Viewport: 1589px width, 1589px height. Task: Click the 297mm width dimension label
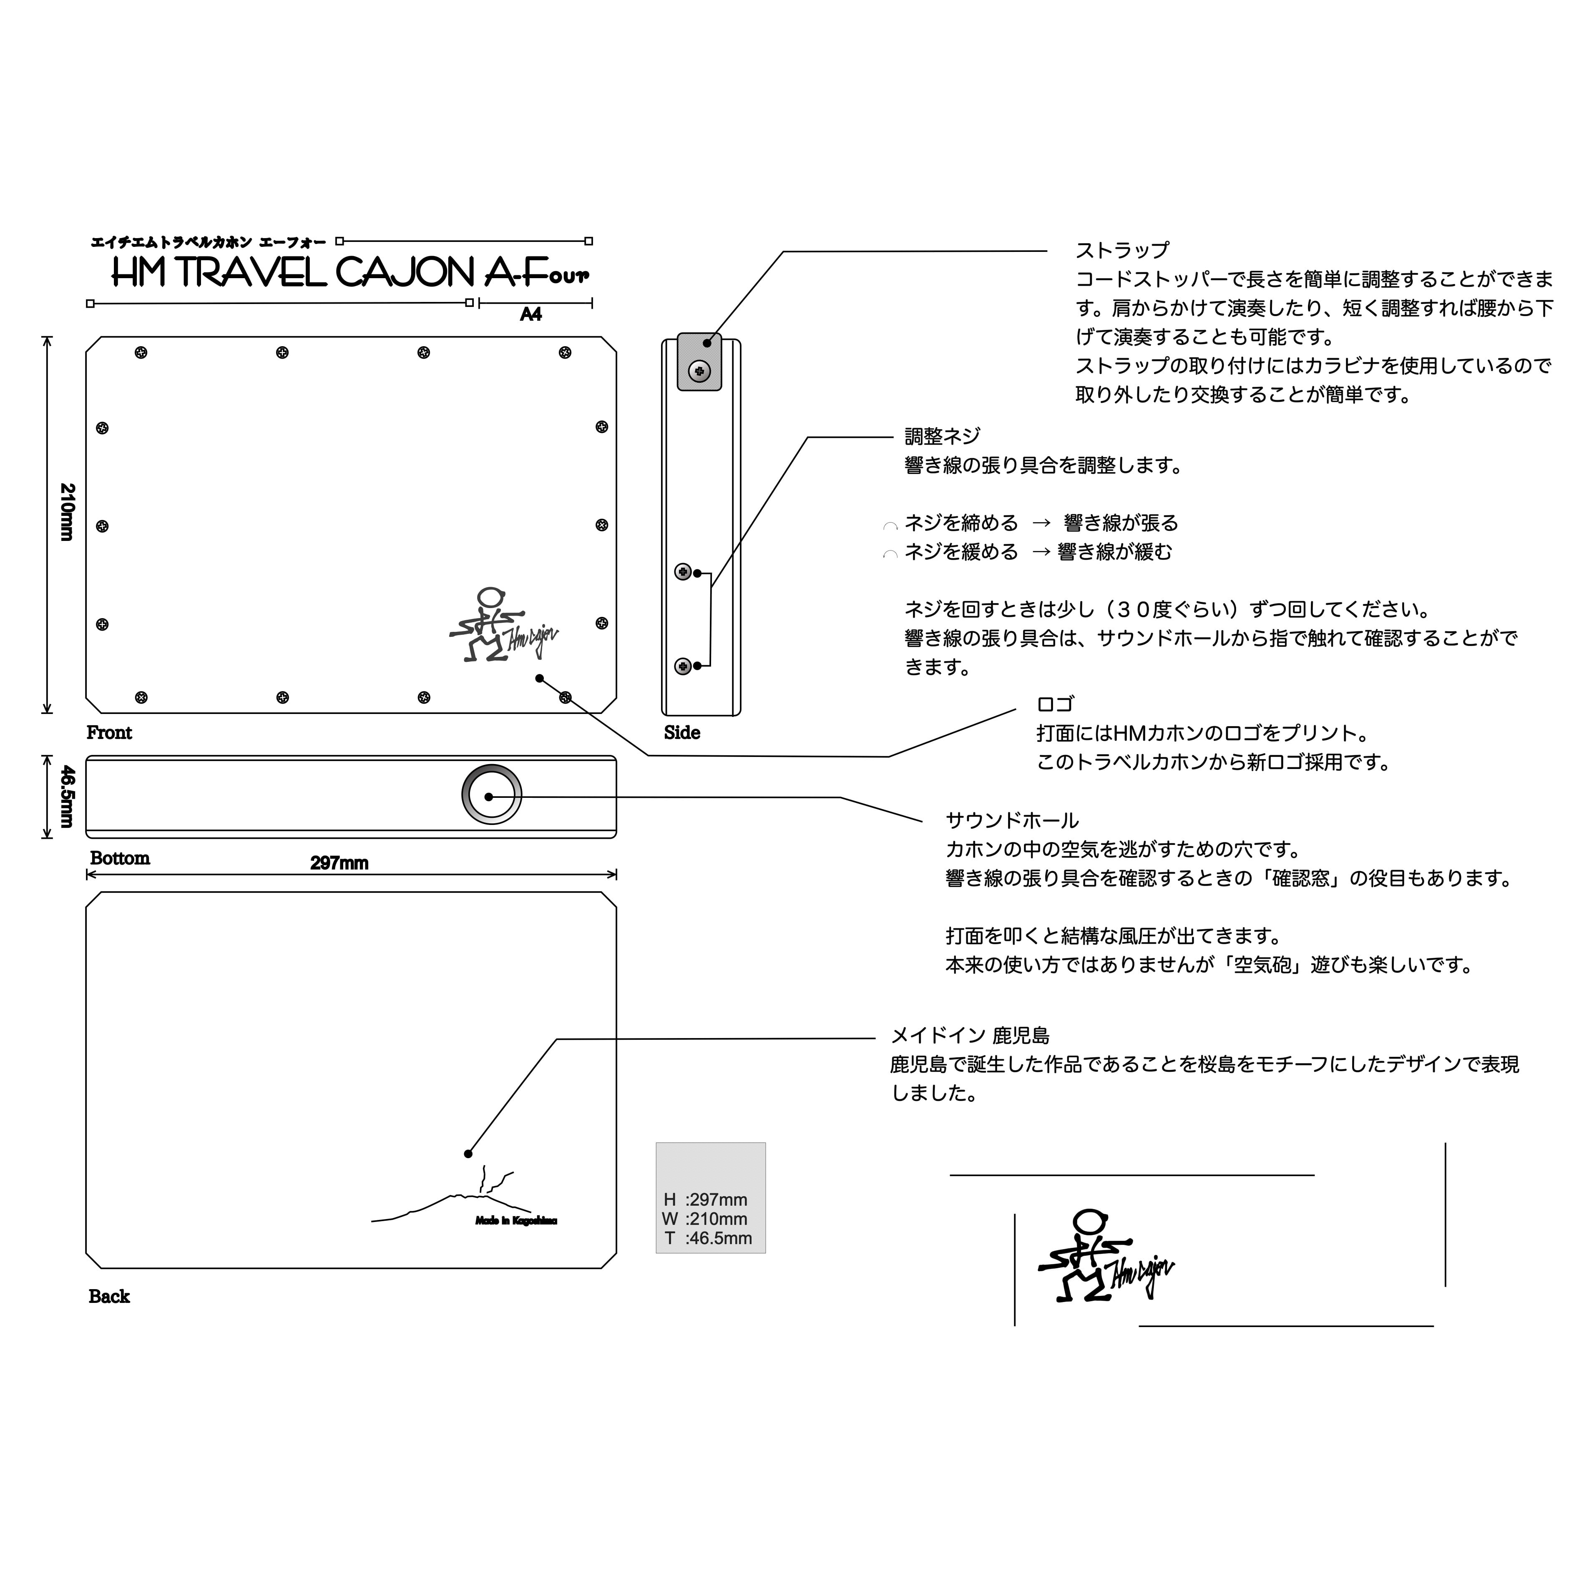[339, 863]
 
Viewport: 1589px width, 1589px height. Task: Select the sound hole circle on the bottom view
[491, 794]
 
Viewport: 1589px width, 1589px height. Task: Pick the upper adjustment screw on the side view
[683, 572]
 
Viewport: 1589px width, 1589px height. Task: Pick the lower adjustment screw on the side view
[683, 666]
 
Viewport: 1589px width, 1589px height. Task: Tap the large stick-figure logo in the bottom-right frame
[1102, 1256]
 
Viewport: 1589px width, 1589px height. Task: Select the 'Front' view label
[109, 733]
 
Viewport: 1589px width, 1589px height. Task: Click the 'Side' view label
[682, 733]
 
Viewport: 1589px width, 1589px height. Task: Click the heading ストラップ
[1122, 250]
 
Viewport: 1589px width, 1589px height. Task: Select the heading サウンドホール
[1012, 820]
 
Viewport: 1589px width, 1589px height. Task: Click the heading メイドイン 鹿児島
[970, 1036]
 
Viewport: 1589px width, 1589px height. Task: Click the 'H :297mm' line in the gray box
[706, 1200]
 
